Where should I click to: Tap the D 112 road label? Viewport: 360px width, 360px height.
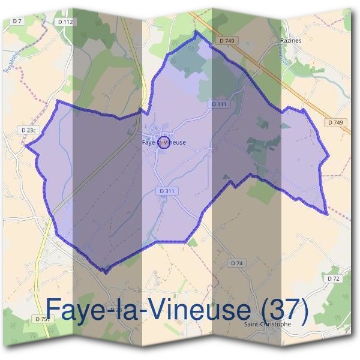pyautogui.click(x=65, y=22)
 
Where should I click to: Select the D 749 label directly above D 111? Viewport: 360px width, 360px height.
pyautogui.click(x=226, y=41)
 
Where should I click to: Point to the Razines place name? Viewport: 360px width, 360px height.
pyautogui.click(x=290, y=41)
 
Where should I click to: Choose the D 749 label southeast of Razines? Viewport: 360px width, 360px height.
pyautogui.click(x=336, y=122)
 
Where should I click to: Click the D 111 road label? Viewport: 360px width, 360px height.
pyautogui.click(x=219, y=104)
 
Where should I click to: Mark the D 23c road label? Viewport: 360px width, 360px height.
pyautogui.click(x=28, y=130)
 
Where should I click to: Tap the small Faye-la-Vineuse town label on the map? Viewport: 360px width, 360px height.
pyautogui.click(x=164, y=142)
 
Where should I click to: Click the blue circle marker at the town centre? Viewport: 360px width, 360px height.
pyautogui.click(x=166, y=142)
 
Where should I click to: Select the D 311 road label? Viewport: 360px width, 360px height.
pyautogui.click(x=167, y=191)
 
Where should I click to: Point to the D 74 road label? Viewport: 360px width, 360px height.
pyautogui.click(x=236, y=263)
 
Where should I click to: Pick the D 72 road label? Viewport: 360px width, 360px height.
pyautogui.click(x=334, y=279)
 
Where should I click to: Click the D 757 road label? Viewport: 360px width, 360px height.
pyautogui.click(x=42, y=318)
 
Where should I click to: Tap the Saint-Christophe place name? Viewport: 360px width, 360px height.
pyautogui.click(x=268, y=324)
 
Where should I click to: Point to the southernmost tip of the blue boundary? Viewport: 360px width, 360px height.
pyautogui.click(x=105, y=272)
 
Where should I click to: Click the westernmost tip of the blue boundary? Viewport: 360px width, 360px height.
pyautogui.click(x=26, y=145)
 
